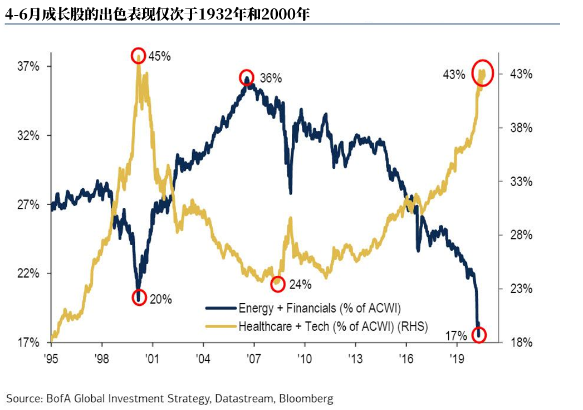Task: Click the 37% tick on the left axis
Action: [x=28, y=67]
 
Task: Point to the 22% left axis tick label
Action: [x=28, y=274]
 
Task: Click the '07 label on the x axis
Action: [x=254, y=357]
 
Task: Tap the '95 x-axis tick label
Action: [x=51, y=357]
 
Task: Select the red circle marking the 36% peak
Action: [x=246, y=77]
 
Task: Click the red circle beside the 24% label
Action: [x=277, y=284]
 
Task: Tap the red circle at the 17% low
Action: [x=479, y=335]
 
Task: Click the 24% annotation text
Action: [x=300, y=285]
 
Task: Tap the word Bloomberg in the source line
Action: [x=306, y=398]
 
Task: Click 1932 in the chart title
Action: [x=227, y=15]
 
